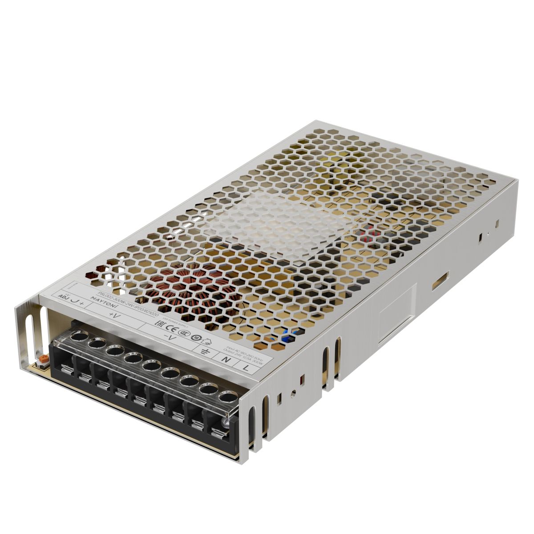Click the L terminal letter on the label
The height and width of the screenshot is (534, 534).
tap(246, 367)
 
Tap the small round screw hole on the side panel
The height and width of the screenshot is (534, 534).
tap(293, 392)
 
